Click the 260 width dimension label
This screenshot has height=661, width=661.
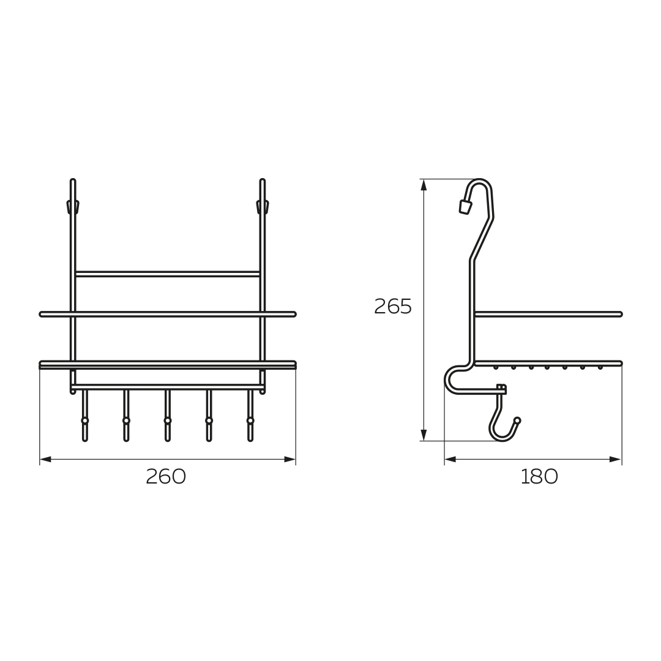(166, 477)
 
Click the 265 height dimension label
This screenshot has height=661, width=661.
(393, 307)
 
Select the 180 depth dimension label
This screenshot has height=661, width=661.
(539, 477)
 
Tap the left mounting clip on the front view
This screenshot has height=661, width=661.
(72, 206)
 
